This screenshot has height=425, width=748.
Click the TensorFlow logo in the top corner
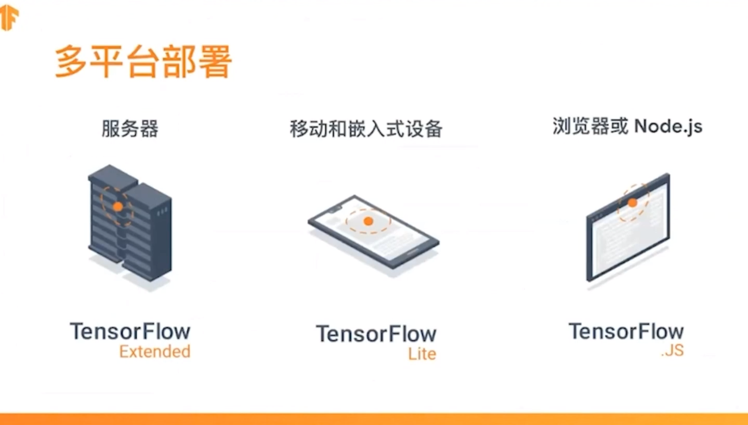[x=9, y=18]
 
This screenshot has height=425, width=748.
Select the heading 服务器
[x=130, y=129]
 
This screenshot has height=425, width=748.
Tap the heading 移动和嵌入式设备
[x=366, y=129]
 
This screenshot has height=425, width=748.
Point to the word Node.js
[x=668, y=126]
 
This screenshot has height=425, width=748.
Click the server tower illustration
[x=129, y=223]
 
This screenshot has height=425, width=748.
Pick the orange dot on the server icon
[x=118, y=206]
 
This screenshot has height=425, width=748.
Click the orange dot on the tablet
[x=368, y=221]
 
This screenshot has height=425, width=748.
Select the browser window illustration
[x=628, y=229]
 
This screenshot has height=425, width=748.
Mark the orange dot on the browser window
[x=632, y=203]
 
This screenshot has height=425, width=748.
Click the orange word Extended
[x=155, y=352]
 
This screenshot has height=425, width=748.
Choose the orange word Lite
[x=422, y=354]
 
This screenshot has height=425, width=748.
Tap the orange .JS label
[x=672, y=351]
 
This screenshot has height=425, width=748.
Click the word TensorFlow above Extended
[x=130, y=331]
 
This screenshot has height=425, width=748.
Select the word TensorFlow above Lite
[x=376, y=334]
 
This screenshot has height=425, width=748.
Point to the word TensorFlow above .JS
[x=626, y=331]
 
